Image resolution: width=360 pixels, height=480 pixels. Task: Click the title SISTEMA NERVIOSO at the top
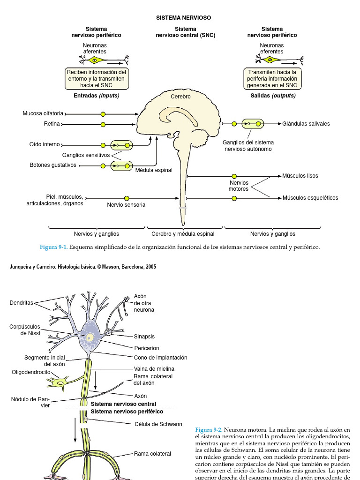click(183, 18)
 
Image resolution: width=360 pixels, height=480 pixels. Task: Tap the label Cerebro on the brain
click(180, 97)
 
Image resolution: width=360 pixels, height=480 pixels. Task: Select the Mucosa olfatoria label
click(43, 113)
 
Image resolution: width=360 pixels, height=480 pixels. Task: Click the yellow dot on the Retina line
click(103, 124)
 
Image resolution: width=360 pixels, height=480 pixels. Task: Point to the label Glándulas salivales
click(306, 124)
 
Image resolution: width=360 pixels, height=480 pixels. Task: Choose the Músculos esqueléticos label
click(310, 198)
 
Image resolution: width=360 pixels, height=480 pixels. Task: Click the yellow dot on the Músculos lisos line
click(234, 176)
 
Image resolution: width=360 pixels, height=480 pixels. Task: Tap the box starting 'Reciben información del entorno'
click(97, 79)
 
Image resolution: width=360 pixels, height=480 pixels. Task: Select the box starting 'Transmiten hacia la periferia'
click(272, 79)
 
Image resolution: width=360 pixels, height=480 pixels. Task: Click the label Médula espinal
click(154, 170)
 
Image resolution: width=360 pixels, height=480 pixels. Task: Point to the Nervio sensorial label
click(127, 205)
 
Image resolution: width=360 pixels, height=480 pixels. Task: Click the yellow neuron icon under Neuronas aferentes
click(95, 60)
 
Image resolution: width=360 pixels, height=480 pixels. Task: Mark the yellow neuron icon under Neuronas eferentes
click(271, 60)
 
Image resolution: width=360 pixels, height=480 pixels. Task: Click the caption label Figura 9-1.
click(54, 247)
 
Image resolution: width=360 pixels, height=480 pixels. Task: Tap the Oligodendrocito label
click(31, 372)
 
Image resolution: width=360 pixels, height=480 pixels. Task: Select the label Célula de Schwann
click(158, 424)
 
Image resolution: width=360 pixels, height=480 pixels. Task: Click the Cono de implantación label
click(160, 358)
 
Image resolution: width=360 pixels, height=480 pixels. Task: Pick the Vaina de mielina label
click(154, 369)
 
